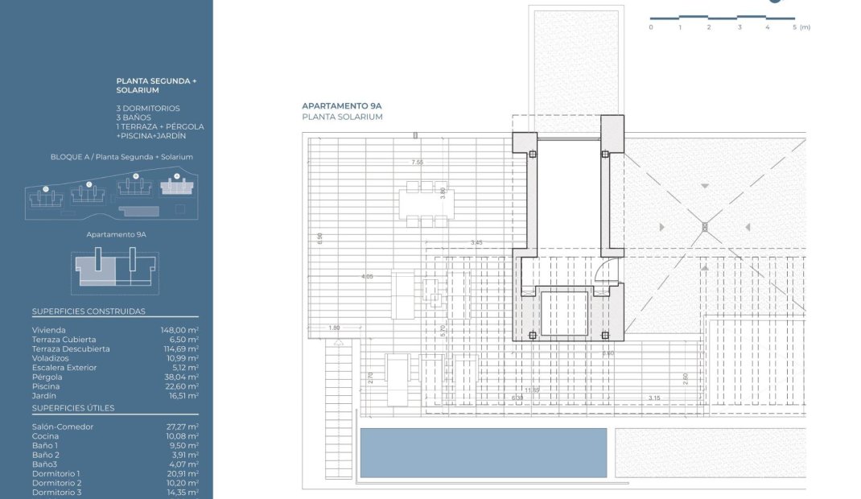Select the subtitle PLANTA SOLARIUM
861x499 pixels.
click(342, 118)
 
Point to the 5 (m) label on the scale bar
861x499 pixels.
click(800, 27)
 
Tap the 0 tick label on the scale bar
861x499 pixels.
click(650, 27)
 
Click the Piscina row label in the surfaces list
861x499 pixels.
click(46, 386)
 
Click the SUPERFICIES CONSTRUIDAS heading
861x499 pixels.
click(89, 311)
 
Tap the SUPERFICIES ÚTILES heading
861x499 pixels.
click(73, 408)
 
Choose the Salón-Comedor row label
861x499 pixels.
click(63, 427)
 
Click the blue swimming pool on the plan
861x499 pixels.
click(483, 452)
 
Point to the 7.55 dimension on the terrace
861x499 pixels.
click(417, 163)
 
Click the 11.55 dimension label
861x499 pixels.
click(530, 390)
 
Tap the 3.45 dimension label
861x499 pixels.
click(476, 242)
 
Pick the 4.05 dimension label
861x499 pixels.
click(367, 276)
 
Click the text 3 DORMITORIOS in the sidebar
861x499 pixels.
click(148, 108)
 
